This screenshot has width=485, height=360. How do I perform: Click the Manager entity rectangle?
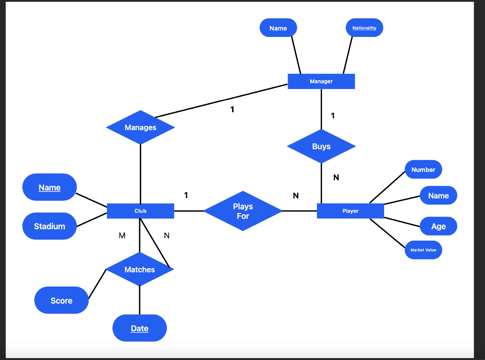(321, 81)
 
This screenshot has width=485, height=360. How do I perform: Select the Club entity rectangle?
(140, 211)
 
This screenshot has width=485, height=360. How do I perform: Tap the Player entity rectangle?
(350, 211)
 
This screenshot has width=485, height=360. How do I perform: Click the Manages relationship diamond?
(140, 127)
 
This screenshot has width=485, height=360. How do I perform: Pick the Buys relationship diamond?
(321, 146)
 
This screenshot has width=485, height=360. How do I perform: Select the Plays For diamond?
(242, 211)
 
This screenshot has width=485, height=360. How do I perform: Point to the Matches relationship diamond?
(139, 270)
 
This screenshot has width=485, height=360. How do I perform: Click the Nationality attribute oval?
(364, 28)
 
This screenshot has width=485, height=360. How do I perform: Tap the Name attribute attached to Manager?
(278, 28)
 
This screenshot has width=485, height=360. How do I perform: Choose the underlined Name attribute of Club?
(49, 187)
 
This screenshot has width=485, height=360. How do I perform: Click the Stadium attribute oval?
(49, 226)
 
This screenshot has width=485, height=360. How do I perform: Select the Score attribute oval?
(62, 300)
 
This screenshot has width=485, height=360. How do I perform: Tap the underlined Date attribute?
(139, 328)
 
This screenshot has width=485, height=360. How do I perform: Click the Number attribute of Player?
(423, 170)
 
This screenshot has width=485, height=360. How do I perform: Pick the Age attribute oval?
(438, 226)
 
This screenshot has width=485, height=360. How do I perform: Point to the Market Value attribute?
(423, 250)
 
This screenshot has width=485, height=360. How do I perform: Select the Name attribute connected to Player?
(438, 196)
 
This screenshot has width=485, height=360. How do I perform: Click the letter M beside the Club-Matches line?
(122, 235)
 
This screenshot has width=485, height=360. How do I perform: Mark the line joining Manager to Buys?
(321, 109)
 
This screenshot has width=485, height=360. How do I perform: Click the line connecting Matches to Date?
(140, 300)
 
